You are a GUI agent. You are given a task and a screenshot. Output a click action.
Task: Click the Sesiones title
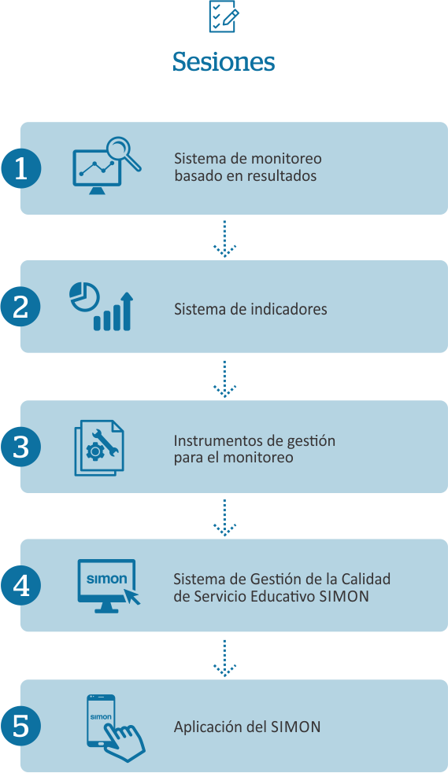(224, 61)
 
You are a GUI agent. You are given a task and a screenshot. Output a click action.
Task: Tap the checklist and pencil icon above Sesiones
(224, 17)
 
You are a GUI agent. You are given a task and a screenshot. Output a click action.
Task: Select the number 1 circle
(20, 168)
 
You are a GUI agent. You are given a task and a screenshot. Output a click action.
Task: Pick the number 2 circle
(20, 307)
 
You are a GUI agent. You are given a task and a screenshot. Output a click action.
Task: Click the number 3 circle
(20, 447)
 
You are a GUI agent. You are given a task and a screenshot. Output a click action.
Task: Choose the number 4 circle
(20, 586)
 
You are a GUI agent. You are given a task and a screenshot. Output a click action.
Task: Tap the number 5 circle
(20, 726)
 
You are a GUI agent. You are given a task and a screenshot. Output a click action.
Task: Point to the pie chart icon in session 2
(84, 296)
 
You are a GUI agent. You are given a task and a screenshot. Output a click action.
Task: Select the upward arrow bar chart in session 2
(114, 311)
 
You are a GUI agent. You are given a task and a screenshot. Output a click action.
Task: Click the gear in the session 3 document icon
(94, 451)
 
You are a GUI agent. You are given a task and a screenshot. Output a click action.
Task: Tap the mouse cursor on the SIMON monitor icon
(131, 596)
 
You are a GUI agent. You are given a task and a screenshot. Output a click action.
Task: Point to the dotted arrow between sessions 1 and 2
(224, 238)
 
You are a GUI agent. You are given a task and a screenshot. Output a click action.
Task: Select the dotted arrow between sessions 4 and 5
(224, 658)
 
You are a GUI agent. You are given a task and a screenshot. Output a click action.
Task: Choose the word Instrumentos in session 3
(211, 440)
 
